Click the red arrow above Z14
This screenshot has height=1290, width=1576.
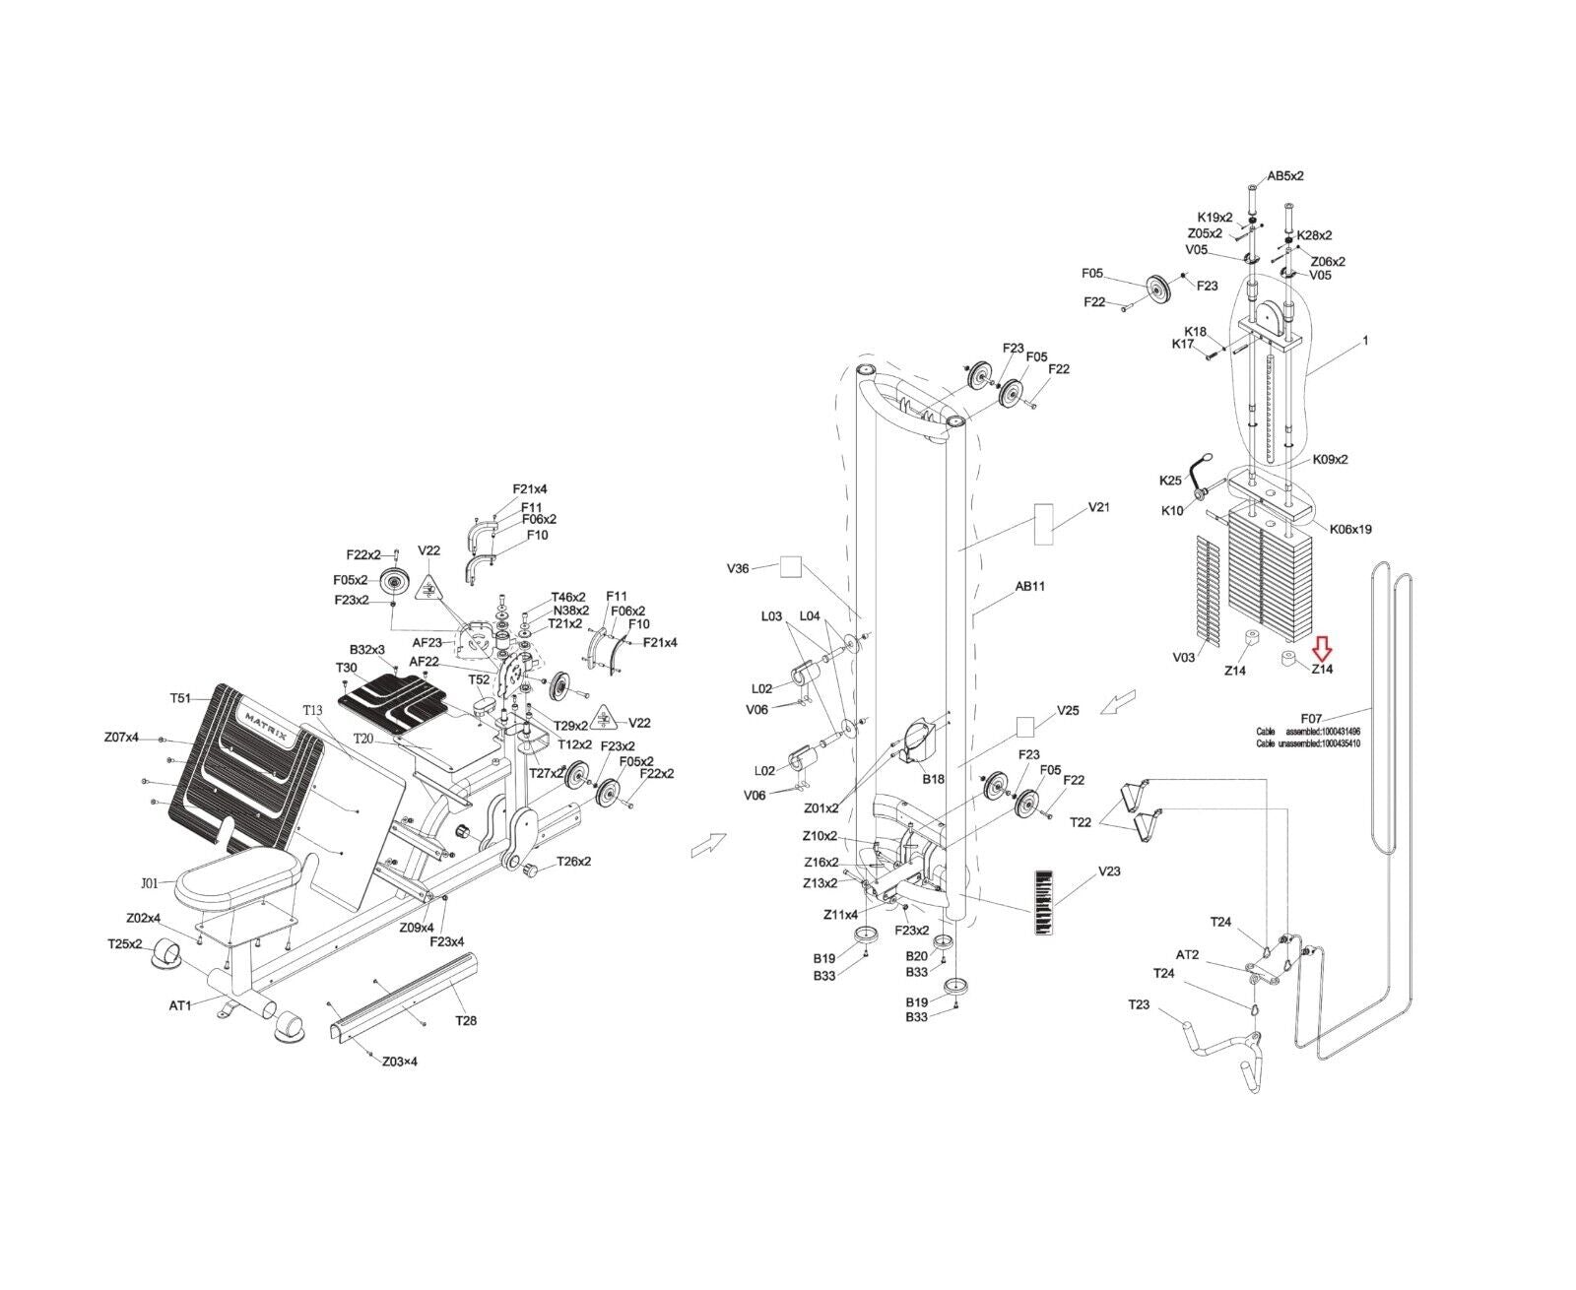[x=1321, y=647]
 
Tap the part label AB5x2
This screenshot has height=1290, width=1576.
[x=1284, y=176]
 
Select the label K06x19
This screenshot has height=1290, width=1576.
[x=1350, y=529]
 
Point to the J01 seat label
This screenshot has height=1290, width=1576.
[x=149, y=882]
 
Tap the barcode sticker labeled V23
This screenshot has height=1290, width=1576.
[x=1042, y=901]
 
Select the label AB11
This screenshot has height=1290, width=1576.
[x=1029, y=586]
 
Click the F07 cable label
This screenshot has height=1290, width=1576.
[x=1311, y=718]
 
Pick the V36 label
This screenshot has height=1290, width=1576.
[x=738, y=568]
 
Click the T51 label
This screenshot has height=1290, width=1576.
[x=180, y=698]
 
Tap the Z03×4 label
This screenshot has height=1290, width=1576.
[x=399, y=1062]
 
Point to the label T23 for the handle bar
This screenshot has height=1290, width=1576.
[x=1139, y=1004]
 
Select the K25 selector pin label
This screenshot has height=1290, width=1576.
[x=1169, y=481]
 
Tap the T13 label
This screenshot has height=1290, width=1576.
[x=312, y=710]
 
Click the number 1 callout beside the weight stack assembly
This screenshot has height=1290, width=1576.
[x=1365, y=340]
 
